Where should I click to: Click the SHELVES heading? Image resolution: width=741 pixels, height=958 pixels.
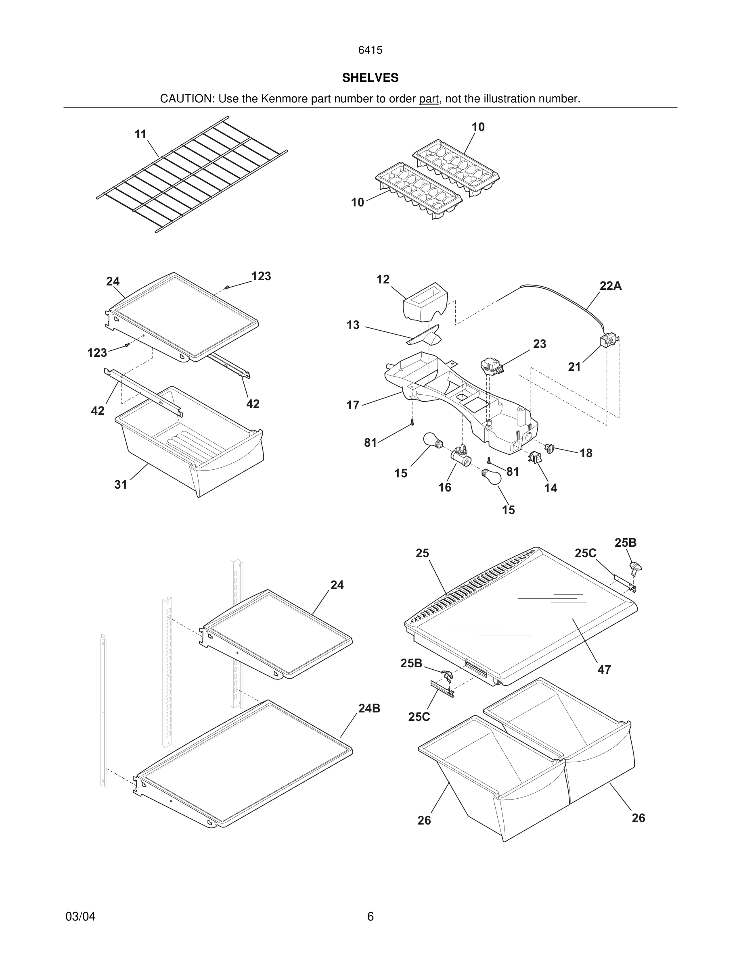click(370, 78)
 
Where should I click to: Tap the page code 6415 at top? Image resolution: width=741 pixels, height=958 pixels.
click(370, 50)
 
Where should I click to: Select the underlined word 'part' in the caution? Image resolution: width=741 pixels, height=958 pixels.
click(429, 99)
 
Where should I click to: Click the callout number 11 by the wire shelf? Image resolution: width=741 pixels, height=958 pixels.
click(140, 134)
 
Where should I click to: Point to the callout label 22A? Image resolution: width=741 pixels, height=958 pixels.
click(611, 286)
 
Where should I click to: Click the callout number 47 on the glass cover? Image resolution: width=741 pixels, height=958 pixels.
click(604, 670)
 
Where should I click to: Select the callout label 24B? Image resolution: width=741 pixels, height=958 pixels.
click(369, 708)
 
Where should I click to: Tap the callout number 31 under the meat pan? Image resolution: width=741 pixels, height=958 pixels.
click(121, 484)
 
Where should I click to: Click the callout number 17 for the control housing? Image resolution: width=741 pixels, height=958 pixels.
click(353, 405)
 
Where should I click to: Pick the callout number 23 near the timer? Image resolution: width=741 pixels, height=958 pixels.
click(540, 344)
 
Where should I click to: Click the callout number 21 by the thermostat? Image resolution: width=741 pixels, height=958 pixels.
click(574, 367)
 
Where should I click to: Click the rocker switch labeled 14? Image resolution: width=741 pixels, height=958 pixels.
click(535, 458)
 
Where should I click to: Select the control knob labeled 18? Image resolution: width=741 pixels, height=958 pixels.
click(550, 448)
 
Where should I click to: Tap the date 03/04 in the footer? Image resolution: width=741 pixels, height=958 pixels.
click(80, 916)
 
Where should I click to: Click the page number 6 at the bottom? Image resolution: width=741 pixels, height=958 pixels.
click(370, 916)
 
